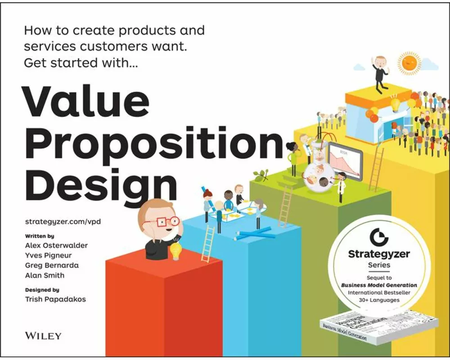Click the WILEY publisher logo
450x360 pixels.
(x=42, y=335)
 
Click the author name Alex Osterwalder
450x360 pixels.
(x=56, y=245)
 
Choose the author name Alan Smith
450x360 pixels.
(x=45, y=275)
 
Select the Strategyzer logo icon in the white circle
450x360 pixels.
(x=376, y=237)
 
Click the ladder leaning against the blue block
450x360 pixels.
(x=208, y=243)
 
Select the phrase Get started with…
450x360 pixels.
(x=81, y=63)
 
